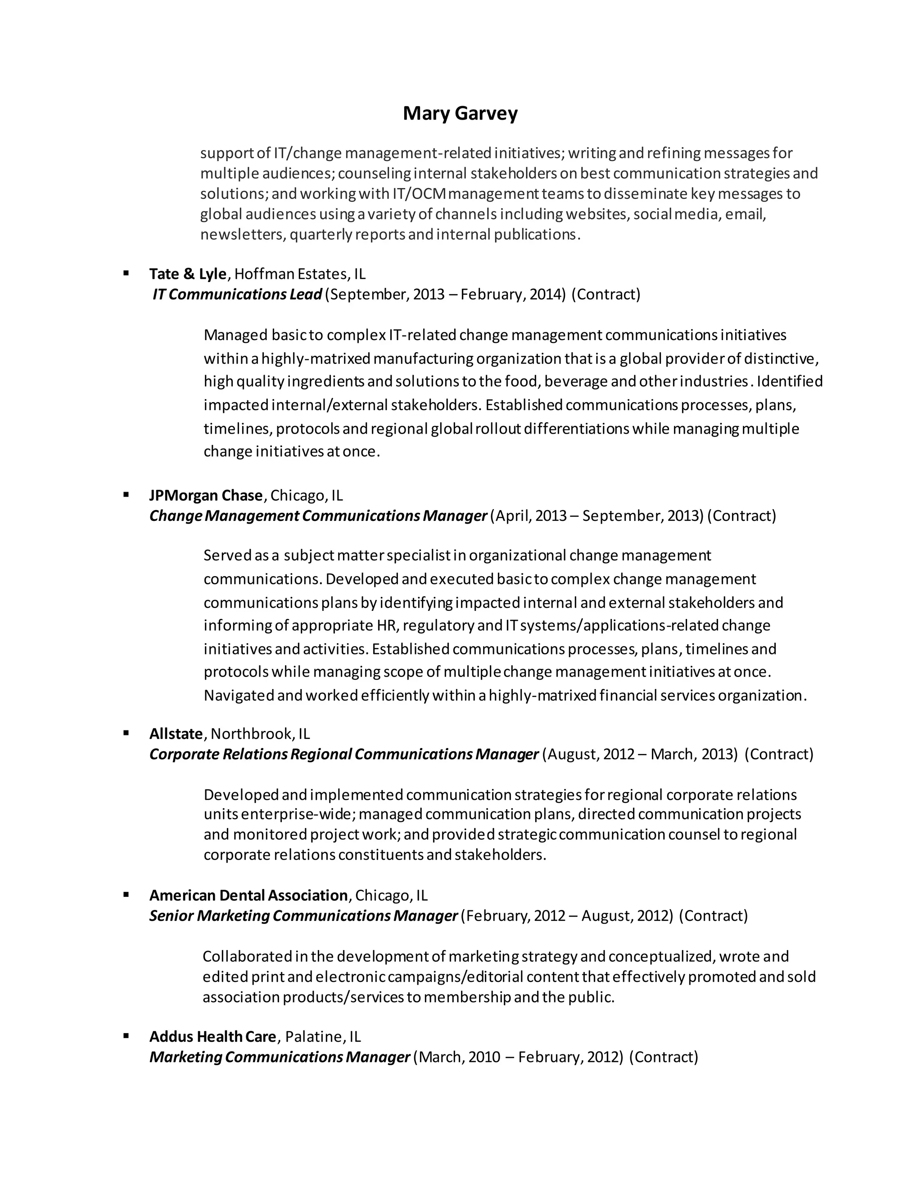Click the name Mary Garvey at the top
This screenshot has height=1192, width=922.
(x=460, y=113)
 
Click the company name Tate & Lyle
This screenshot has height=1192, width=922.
(x=187, y=273)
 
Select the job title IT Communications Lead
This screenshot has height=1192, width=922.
(x=237, y=294)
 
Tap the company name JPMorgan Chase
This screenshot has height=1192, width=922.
(x=206, y=495)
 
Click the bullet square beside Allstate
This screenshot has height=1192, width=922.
(x=126, y=733)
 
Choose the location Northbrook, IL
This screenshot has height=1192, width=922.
(x=260, y=734)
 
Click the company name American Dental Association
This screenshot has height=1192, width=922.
(x=249, y=895)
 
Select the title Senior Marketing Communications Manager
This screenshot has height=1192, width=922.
(x=303, y=915)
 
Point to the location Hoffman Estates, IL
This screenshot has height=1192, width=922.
(x=300, y=273)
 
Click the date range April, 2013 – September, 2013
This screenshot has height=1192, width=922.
(x=597, y=516)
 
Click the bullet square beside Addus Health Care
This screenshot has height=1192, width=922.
(x=126, y=1035)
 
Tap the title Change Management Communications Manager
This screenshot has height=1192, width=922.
(x=318, y=516)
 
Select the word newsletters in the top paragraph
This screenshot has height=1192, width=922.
(x=242, y=235)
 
